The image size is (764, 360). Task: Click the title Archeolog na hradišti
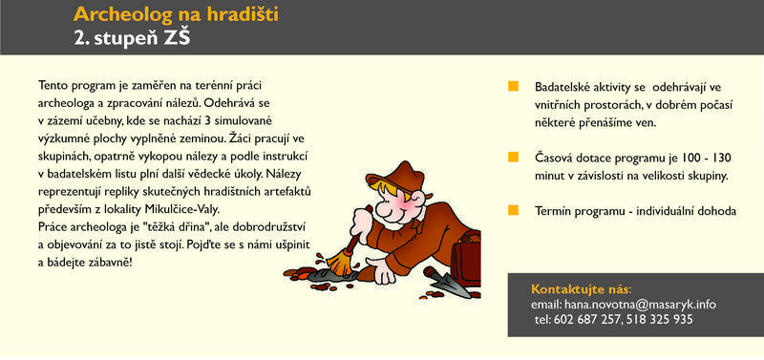coord(176,14)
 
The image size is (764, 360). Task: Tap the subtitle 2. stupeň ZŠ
coord(132,37)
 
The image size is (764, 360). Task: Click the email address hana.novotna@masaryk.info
coord(640,305)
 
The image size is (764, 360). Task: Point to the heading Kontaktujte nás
coord(581,289)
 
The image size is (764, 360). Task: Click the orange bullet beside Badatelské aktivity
coord(513,87)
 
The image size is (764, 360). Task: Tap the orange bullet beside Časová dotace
coord(513,158)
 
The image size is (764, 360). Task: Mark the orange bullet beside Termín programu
coord(513,210)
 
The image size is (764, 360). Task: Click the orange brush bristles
coord(340,262)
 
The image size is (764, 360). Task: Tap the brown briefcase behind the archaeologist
coord(466,258)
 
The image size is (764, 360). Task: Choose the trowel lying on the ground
coord(447,283)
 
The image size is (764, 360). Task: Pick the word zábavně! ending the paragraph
coord(112,263)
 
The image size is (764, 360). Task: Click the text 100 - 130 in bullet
coord(707,159)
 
